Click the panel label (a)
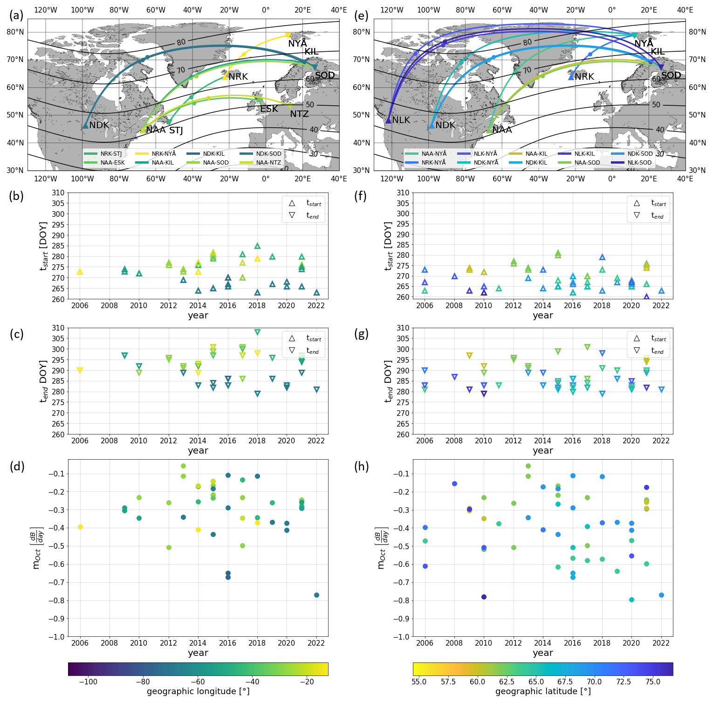[x=16, y=15]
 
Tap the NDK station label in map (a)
[x=99, y=125]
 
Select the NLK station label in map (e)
[x=401, y=120]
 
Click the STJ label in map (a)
[x=176, y=131]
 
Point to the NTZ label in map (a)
[x=299, y=114]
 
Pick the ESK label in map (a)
[x=269, y=109]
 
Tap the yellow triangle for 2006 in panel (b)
[x=80, y=271]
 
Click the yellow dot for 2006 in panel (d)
[x=80, y=527]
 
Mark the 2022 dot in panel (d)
[x=316, y=595]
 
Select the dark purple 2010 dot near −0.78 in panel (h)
[x=484, y=597]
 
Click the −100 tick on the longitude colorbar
[x=88, y=682]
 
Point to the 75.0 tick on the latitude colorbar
[x=653, y=682]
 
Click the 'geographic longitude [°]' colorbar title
[x=198, y=691]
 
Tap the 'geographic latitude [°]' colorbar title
[x=543, y=691]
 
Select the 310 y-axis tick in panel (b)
[x=58, y=193]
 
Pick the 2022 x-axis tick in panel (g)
[x=661, y=441]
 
